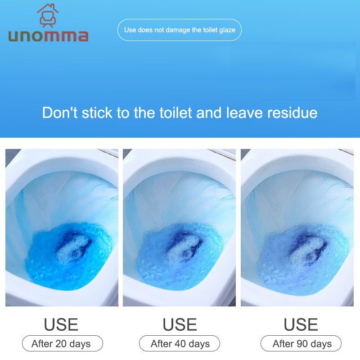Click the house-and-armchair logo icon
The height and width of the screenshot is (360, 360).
pyautogui.click(x=48, y=15)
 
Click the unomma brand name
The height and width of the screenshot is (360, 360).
pyautogui.click(x=48, y=36)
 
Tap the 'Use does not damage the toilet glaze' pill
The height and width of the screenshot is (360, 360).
pyautogui.click(x=180, y=30)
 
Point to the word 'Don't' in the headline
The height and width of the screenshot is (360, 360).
pyautogui.click(x=60, y=113)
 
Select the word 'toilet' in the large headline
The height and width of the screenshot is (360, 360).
pyautogui.click(x=175, y=113)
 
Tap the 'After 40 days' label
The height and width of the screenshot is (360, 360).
pyautogui.click(x=180, y=343)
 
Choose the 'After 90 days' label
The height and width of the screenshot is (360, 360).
pyautogui.click(x=301, y=343)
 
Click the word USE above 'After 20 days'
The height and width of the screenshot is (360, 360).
pyautogui.click(x=61, y=324)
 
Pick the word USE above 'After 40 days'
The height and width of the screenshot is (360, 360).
pyautogui.click(x=180, y=324)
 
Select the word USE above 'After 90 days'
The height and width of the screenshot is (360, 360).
pyautogui.click(x=301, y=324)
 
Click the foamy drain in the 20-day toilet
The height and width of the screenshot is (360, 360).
pyautogui.click(x=72, y=250)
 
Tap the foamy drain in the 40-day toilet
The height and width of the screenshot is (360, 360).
pyautogui.click(x=184, y=250)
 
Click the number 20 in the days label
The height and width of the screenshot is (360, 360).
pyautogui.click(x=61, y=344)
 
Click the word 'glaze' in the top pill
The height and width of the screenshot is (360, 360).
pyautogui.click(x=227, y=30)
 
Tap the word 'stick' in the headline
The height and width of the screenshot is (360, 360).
pyautogui.click(x=97, y=113)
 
